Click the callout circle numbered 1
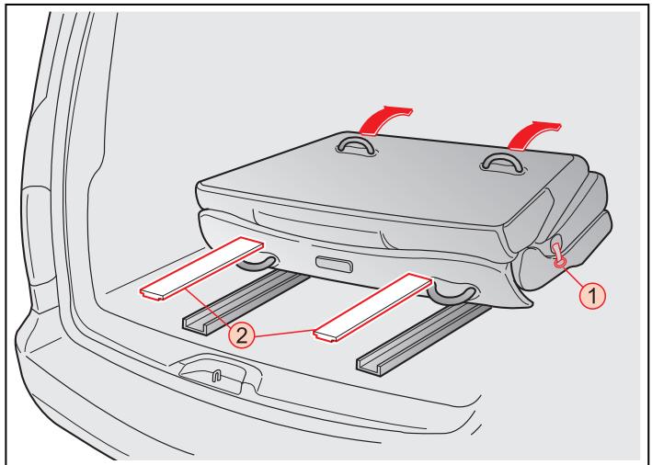point(592,296)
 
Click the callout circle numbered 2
point(241,335)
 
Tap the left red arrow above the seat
point(384,120)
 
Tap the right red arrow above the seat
point(533,135)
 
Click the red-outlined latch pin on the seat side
point(557,255)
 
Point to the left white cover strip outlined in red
point(202,268)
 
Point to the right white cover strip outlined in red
point(373,308)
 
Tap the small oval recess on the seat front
point(334,265)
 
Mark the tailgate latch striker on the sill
point(216,375)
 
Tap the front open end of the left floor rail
point(196,325)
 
